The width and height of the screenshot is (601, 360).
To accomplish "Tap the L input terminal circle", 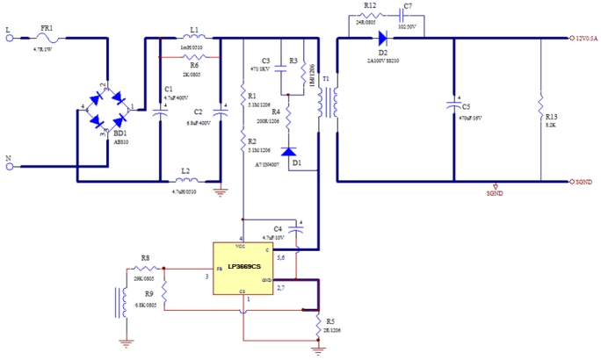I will (x=10, y=38).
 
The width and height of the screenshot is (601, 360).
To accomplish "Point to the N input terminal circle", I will (x=10, y=165).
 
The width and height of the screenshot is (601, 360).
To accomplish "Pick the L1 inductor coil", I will (x=192, y=38).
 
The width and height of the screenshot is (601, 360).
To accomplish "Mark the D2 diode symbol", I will (x=382, y=38).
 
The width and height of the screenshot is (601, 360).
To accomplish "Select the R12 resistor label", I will (x=369, y=5).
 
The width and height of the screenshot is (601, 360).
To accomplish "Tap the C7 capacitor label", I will (x=406, y=5).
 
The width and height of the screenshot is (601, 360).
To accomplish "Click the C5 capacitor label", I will (x=466, y=107).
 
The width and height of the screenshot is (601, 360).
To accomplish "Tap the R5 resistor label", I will (x=329, y=321).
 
